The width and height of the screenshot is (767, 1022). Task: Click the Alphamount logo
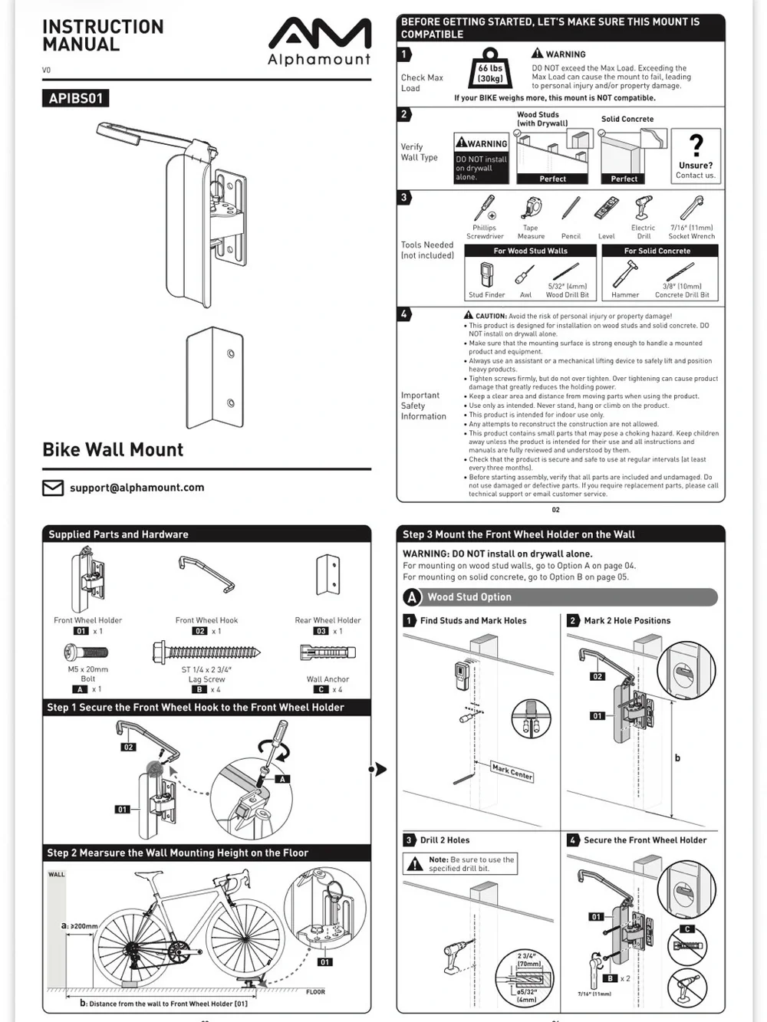click(320, 41)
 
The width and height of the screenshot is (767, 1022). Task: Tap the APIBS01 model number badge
click(75, 98)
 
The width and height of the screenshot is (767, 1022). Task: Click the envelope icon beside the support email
click(53, 488)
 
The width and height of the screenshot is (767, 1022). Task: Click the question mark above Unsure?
click(696, 145)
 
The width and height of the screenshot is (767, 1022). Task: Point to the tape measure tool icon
click(531, 209)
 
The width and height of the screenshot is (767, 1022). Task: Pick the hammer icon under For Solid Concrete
click(624, 274)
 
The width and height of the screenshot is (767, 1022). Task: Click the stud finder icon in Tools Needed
click(486, 275)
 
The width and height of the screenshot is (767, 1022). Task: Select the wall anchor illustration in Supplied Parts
click(328, 652)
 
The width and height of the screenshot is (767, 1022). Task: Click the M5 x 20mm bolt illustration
click(86, 652)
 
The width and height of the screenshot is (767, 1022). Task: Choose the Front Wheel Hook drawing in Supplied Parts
click(207, 574)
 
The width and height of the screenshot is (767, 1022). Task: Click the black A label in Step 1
click(282, 779)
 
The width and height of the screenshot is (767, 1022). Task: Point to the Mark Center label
click(512, 771)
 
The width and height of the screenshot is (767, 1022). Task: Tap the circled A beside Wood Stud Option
click(412, 597)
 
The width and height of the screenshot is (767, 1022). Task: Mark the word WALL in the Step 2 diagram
click(56, 874)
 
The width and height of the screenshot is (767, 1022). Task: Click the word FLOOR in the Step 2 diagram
click(315, 992)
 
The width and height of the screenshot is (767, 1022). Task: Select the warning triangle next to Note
click(414, 864)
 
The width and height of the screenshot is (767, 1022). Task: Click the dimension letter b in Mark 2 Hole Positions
click(677, 758)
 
